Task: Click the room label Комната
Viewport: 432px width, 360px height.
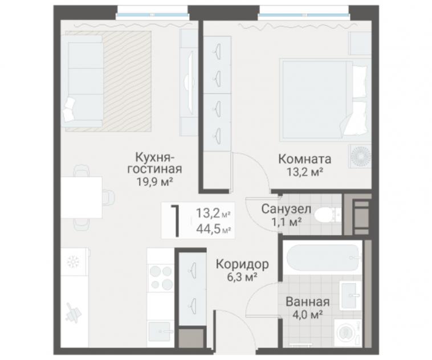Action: click(304, 159)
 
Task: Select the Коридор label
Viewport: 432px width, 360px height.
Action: click(242, 264)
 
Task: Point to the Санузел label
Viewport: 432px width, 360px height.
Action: click(286, 209)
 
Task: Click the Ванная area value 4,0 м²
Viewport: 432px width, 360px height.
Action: click(308, 314)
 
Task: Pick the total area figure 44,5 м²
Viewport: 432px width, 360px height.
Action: click(214, 228)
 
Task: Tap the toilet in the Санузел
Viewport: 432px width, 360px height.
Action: click(327, 215)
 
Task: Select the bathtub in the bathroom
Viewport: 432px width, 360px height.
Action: click(323, 258)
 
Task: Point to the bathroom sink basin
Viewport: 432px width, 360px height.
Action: click(350, 296)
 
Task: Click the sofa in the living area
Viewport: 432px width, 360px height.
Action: click(82, 81)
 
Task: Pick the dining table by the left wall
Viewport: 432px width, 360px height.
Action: click(81, 197)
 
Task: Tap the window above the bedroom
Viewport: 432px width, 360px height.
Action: click(304, 13)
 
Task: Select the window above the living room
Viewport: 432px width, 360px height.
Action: click(152, 13)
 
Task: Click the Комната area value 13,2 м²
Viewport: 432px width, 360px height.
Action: click(305, 172)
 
